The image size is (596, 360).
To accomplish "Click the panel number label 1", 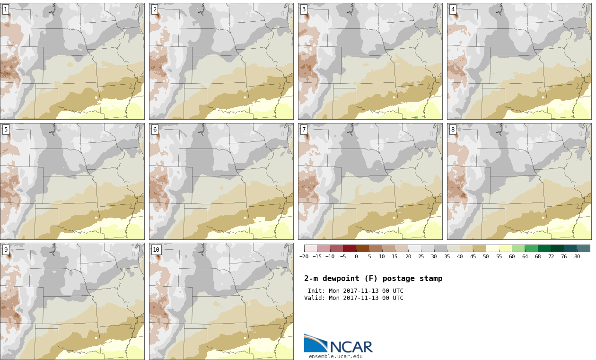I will pyautogui.click(x=6, y=9).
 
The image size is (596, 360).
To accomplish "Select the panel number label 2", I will pyautogui.click(x=155, y=9).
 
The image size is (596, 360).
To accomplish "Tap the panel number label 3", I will pyautogui.click(x=304, y=9).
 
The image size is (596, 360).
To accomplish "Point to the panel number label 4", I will pyautogui.click(x=453, y=9).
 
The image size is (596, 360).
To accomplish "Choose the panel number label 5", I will pyautogui.click(x=6, y=130).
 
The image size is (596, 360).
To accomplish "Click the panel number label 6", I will pyautogui.click(x=155, y=130).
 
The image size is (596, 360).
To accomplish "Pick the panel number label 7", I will pyautogui.click(x=304, y=130).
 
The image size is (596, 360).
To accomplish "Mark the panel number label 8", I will pyautogui.click(x=453, y=130).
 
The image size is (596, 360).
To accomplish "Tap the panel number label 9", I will pyautogui.click(x=6, y=250).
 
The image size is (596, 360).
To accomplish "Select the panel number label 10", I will pyautogui.click(x=156, y=250).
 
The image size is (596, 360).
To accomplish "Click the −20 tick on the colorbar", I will pyautogui.click(x=304, y=256).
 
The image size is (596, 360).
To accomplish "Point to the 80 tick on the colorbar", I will pyautogui.click(x=577, y=256).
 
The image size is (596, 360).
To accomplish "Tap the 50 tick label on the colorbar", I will pyautogui.click(x=486, y=256).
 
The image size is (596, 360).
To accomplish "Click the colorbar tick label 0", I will pyautogui.click(x=356, y=256).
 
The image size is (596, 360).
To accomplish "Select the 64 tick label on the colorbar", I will pyautogui.click(x=525, y=256).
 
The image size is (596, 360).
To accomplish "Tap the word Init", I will pyautogui.click(x=315, y=291).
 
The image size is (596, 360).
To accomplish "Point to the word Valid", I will pyautogui.click(x=314, y=298).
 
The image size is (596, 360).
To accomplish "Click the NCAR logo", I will pyautogui.click(x=338, y=344).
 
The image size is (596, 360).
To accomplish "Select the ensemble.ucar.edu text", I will pyautogui.click(x=336, y=356).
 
